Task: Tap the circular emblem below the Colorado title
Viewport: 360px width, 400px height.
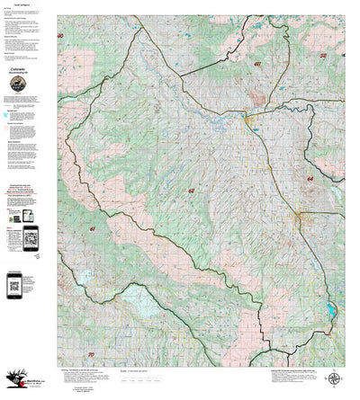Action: (17, 84)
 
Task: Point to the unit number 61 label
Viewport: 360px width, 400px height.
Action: (67, 230)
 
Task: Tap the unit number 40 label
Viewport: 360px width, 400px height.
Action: (61, 36)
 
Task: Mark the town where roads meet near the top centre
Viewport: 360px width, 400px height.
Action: (246, 115)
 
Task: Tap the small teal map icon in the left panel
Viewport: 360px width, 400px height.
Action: (6, 116)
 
